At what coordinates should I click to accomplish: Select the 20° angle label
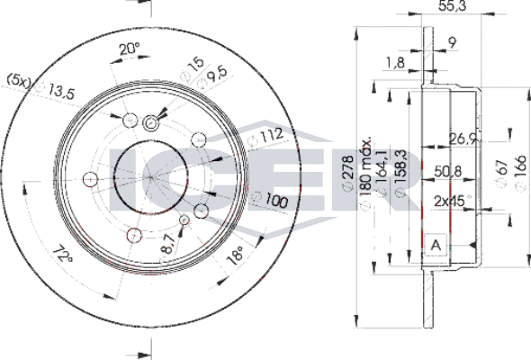(x=131, y=49)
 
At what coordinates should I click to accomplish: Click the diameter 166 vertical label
(x=520, y=167)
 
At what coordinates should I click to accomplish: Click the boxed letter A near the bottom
(x=436, y=247)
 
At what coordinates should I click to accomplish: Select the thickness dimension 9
(x=452, y=40)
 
